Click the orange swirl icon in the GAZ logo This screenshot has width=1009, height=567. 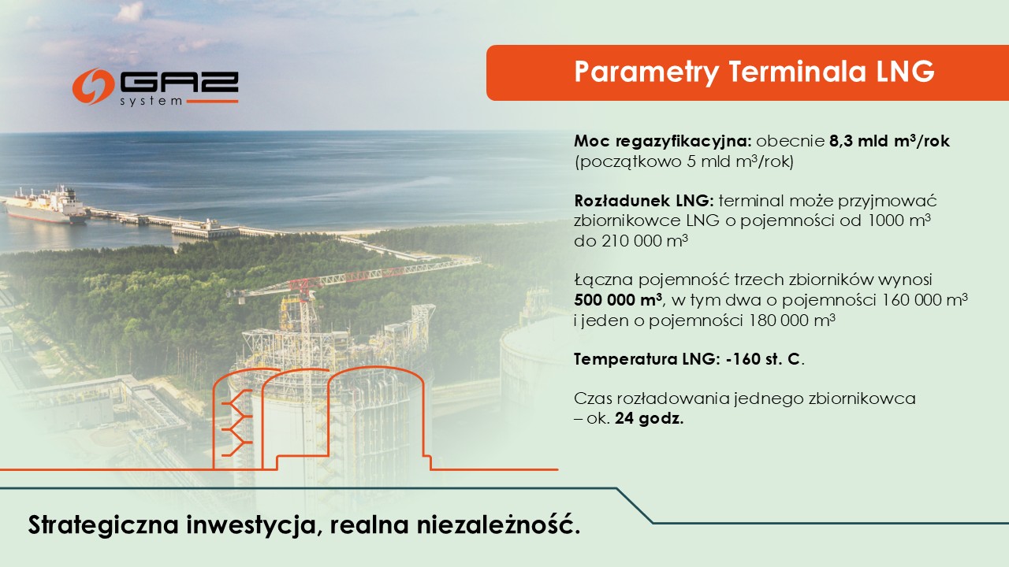(x=93, y=86)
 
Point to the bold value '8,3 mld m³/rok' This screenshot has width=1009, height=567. (x=889, y=143)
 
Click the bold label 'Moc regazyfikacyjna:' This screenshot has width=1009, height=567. (x=663, y=143)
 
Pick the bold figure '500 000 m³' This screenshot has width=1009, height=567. (x=618, y=300)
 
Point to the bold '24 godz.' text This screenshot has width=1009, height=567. (x=650, y=419)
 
